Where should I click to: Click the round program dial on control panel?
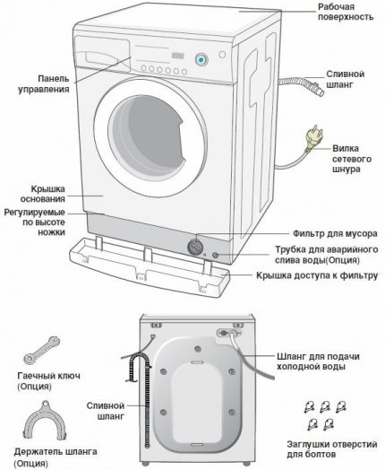pos(201,59)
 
